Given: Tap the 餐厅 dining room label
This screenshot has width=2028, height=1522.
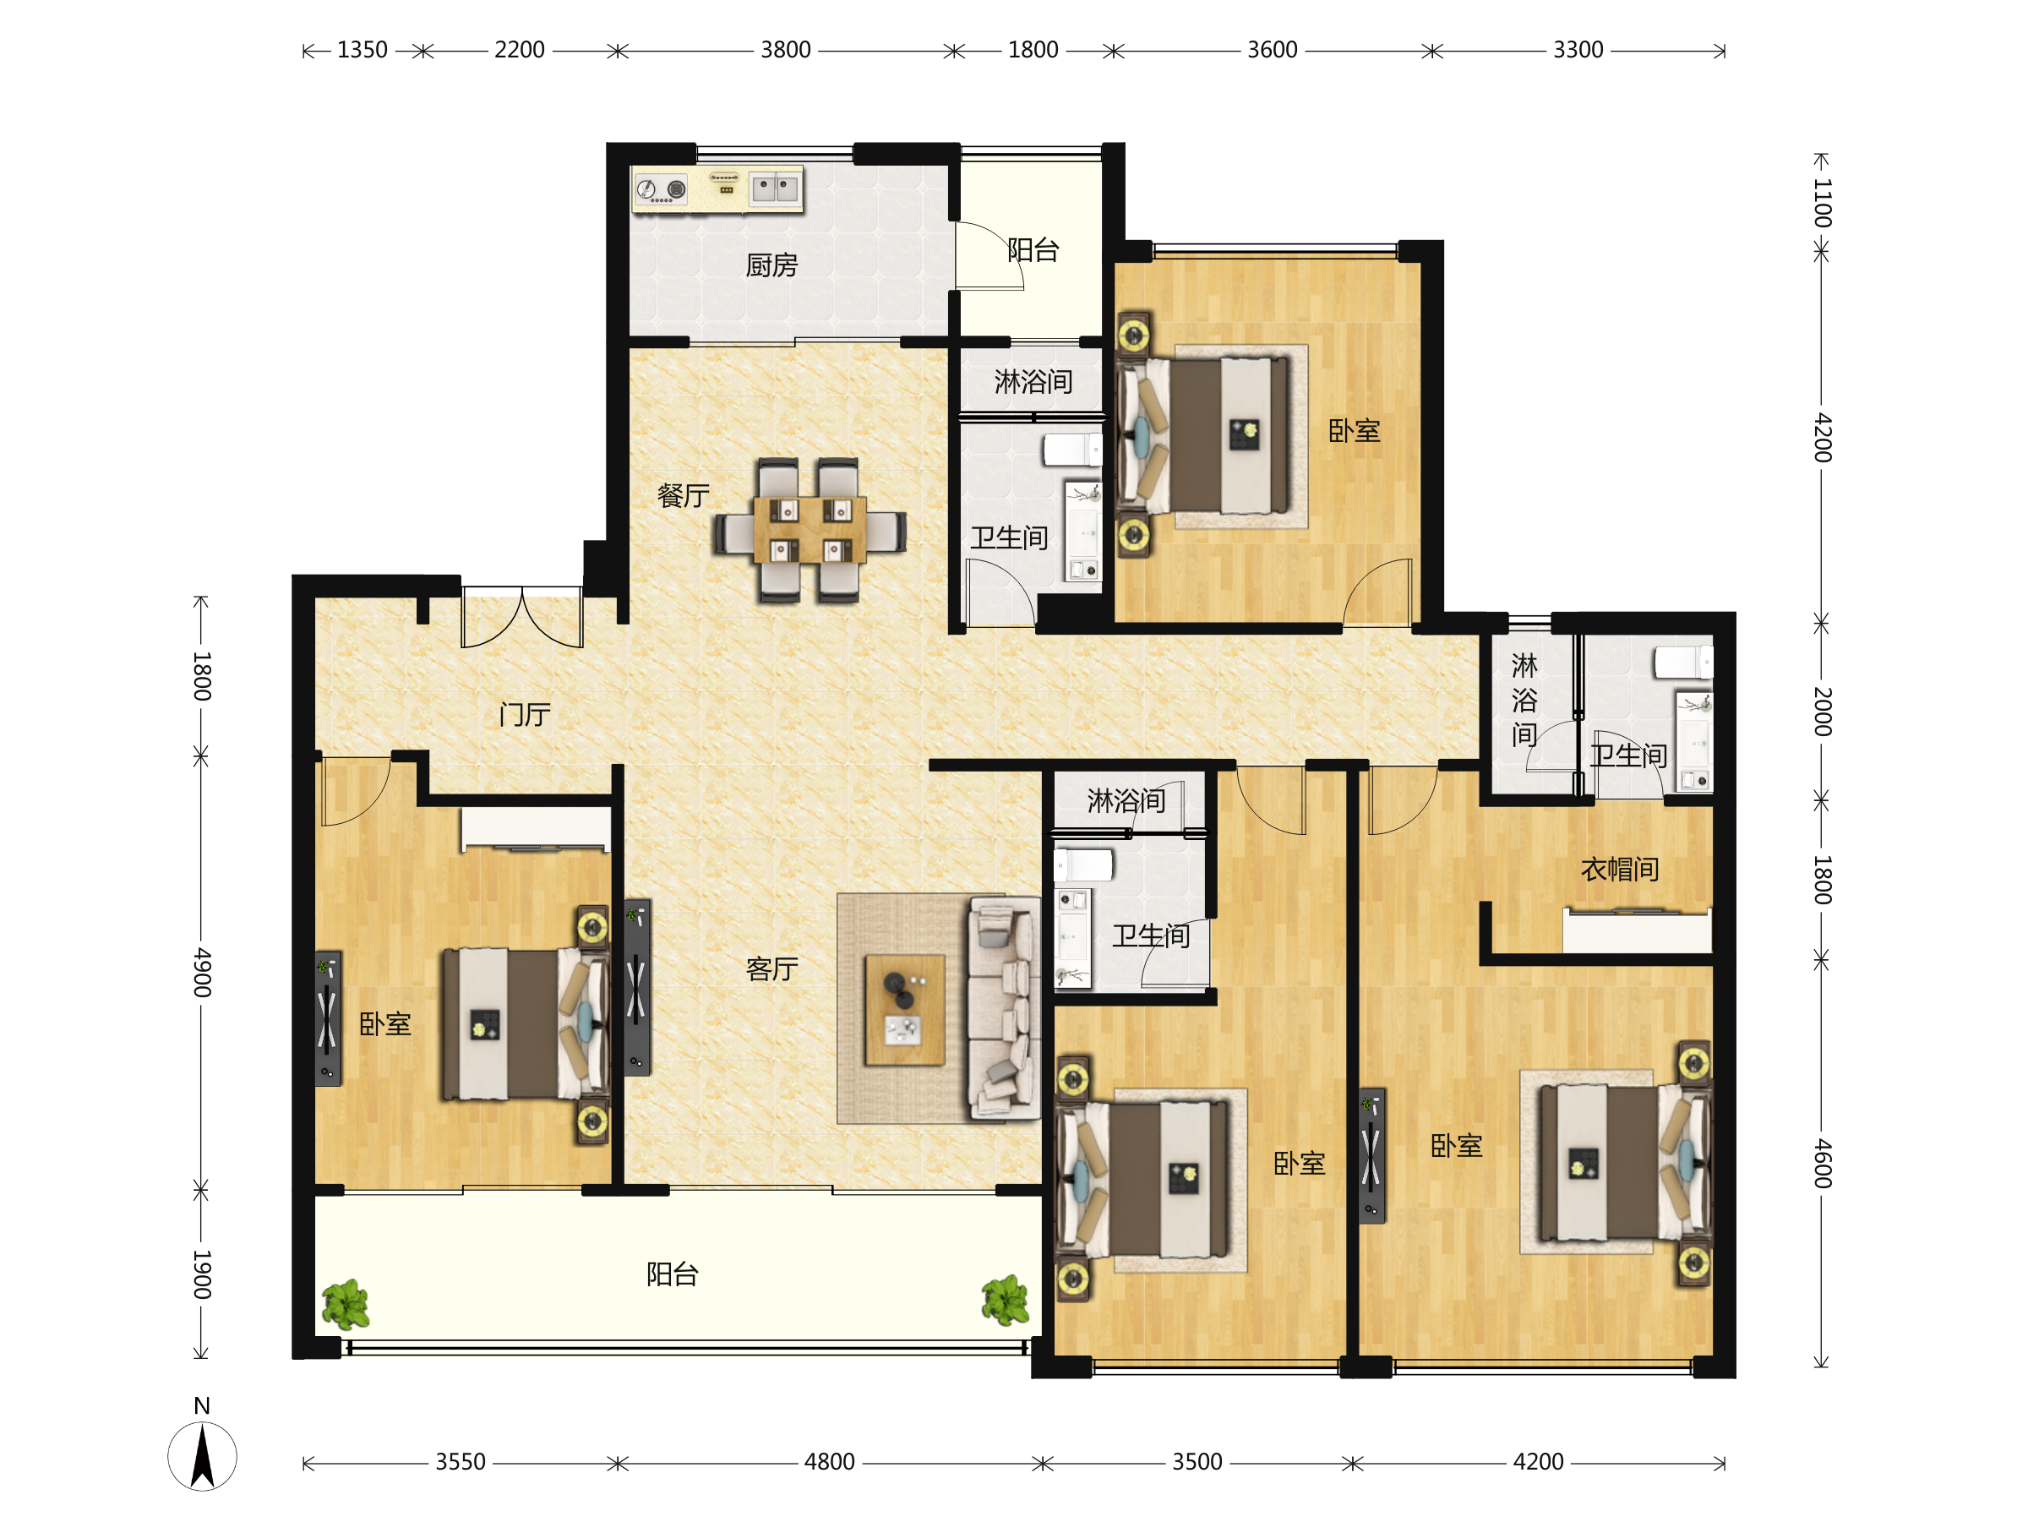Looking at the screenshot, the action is [x=683, y=496].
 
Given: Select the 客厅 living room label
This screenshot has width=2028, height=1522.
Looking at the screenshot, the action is [x=772, y=969].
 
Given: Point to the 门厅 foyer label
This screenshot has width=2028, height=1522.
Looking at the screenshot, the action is [x=525, y=714].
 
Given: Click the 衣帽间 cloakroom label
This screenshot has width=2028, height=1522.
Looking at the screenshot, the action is [x=1619, y=870].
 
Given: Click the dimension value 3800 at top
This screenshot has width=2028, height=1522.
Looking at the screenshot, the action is [x=786, y=50].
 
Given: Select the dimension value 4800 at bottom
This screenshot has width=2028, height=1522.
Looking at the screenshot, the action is [x=829, y=1461].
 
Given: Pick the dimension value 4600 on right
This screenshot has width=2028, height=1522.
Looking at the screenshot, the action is [x=1823, y=1164].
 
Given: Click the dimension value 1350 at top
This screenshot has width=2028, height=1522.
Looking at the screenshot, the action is [x=363, y=50].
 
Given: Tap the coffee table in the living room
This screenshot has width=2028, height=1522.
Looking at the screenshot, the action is [x=905, y=1010].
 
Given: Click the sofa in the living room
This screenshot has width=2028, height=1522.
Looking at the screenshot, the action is [x=1003, y=1008].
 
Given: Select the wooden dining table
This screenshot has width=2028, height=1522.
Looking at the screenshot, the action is [x=810, y=530].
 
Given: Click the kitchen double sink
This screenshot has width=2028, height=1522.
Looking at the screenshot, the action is [x=775, y=188].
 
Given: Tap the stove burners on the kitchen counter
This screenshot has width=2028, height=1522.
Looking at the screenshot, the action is [x=661, y=190].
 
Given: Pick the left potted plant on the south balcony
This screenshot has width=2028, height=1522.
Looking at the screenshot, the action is [x=346, y=1303].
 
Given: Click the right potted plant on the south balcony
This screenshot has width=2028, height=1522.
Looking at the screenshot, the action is [x=1005, y=1299].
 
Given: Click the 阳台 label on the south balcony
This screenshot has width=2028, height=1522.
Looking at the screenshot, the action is [x=672, y=1274].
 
